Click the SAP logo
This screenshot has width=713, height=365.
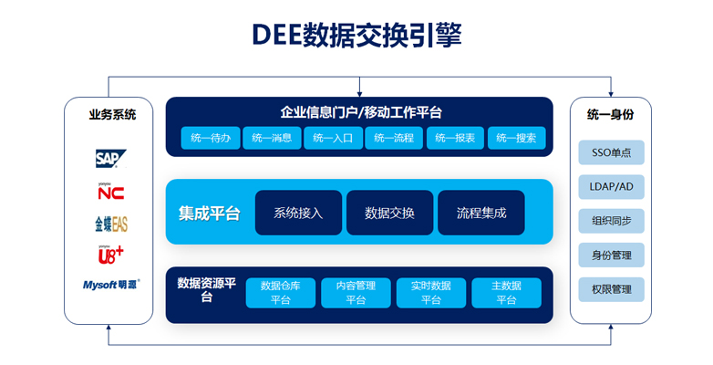pyautogui.click(x=110, y=159)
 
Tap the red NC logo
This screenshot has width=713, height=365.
pyautogui.click(x=110, y=192)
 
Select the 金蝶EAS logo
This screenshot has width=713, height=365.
pyautogui.click(x=111, y=224)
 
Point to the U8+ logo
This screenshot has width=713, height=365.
pyautogui.click(x=110, y=255)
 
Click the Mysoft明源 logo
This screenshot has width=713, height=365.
pyautogui.click(x=111, y=285)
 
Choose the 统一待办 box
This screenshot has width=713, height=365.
pyautogui.click(x=211, y=138)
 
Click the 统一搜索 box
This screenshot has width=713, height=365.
pyautogui.click(x=516, y=138)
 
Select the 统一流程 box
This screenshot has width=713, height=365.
pyautogui.click(x=394, y=138)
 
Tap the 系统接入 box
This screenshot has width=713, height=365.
pyautogui.click(x=298, y=213)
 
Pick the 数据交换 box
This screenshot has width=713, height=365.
pyautogui.click(x=389, y=213)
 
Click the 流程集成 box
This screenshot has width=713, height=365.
pyautogui.click(x=481, y=213)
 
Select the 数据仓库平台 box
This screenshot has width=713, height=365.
pyautogui.click(x=281, y=293)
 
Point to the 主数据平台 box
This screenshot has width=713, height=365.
pyautogui.click(x=507, y=293)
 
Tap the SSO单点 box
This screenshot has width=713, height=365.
pyautogui.click(x=611, y=152)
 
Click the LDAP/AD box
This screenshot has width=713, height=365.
pyautogui.click(x=611, y=186)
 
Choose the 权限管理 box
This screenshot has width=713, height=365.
pyautogui.click(x=611, y=289)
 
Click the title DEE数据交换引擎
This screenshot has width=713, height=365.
pyautogui.click(x=356, y=35)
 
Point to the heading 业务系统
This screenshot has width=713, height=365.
pyautogui.click(x=112, y=114)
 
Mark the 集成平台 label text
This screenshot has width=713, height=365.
pyautogui.click(x=209, y=213)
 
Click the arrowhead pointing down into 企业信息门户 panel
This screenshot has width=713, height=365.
pyautogui.click(x=359, y=94)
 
